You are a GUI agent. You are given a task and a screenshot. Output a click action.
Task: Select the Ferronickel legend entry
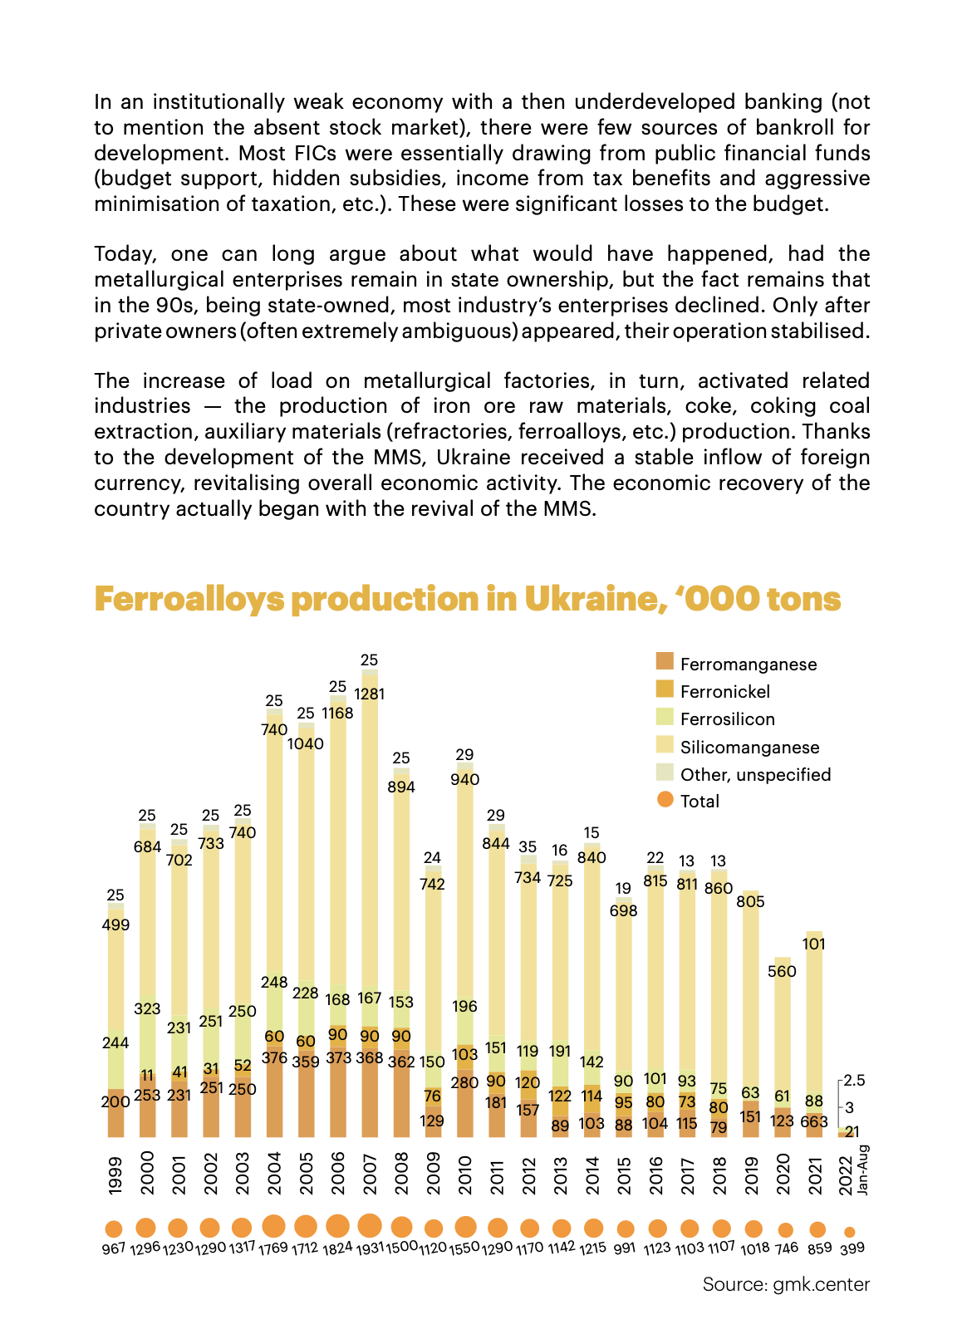724,692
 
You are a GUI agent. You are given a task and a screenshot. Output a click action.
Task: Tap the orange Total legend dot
664,800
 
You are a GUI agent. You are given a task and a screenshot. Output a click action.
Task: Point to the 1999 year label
115,1175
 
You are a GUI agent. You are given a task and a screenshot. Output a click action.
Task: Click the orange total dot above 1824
338,1226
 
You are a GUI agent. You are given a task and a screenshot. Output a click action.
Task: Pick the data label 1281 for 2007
370,694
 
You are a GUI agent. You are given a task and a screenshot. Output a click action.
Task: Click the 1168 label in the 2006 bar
338,713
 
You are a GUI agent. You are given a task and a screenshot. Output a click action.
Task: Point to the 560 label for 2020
782,971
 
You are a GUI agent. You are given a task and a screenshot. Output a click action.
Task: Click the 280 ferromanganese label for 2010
465,1083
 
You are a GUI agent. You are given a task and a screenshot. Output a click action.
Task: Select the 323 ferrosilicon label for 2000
147,1009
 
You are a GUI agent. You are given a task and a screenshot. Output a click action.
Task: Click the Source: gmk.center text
786,1284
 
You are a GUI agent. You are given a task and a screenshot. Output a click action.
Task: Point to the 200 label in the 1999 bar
115,1102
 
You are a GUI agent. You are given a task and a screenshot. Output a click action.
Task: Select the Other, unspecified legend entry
755,775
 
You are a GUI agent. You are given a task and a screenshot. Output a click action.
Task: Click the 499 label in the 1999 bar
115,925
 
